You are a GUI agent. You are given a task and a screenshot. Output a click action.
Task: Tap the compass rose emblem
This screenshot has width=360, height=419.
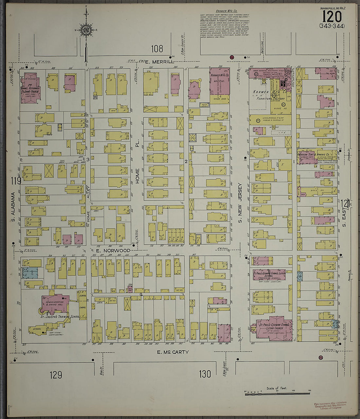86,30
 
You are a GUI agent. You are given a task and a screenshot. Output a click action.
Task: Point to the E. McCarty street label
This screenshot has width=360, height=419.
173,352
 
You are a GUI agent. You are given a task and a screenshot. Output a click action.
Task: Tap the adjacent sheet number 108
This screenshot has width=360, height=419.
157,49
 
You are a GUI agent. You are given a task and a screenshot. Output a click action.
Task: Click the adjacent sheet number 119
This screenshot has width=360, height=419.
15,181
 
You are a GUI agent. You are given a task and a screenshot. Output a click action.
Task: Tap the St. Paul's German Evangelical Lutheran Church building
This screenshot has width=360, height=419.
274,328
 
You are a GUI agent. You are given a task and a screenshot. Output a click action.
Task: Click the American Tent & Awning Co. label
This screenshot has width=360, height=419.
317,154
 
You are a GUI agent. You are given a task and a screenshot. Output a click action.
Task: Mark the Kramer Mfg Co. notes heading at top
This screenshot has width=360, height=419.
225,11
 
